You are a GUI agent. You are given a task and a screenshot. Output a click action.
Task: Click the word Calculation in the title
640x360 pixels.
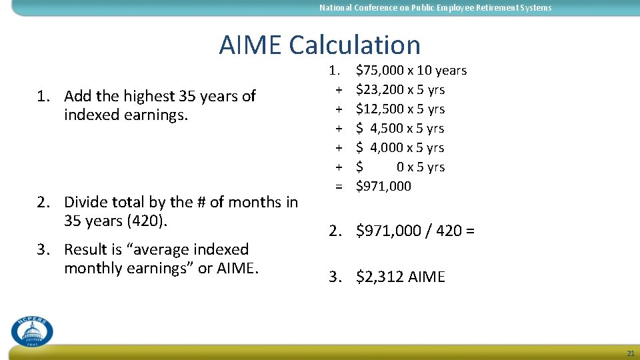click(355, 45)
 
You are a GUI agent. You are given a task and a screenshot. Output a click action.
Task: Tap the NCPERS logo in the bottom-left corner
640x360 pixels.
click(31, 330)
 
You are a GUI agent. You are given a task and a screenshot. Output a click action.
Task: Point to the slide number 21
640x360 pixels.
click(630, 353)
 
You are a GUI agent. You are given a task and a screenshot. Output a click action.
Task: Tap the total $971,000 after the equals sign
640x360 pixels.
click(384, 186)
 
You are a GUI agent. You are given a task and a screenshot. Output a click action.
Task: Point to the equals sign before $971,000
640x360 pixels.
click(339, 186)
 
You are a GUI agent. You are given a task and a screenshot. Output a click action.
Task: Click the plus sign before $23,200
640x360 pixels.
click(339, 89)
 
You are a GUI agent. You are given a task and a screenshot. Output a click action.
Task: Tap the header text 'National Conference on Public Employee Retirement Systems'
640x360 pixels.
click(435, 8)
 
